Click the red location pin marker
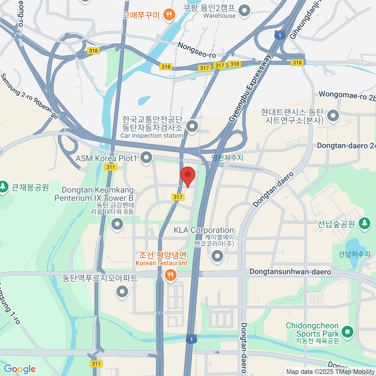tap(188, 175)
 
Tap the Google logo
tap(20, 369)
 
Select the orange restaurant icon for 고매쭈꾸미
tap(169, 14)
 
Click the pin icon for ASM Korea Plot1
tap(146, 158)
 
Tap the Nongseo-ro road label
tap(197, 50)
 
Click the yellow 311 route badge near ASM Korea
tap(111, 167)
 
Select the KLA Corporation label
tap(204, 230)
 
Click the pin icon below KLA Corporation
tap(217, 256)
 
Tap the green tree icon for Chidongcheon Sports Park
tap(347, 332)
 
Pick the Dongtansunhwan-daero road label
tap(290, 271)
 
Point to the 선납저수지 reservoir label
tap(354, 254)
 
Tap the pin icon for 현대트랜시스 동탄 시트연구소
tap(333, 116)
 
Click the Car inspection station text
tap(152, 136)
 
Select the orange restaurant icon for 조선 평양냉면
tap(170, 275)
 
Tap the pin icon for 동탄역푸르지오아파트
tap(122, 291)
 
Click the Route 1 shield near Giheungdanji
tap(279, 35)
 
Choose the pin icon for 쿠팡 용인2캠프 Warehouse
tap(244, 11)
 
